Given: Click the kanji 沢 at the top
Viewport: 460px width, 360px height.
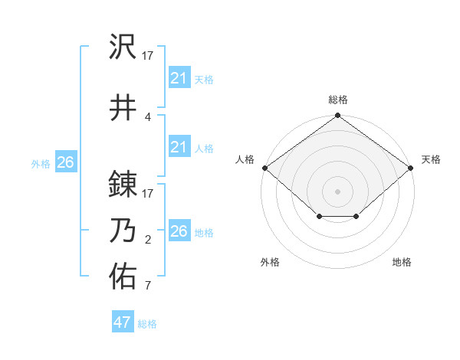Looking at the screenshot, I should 123,47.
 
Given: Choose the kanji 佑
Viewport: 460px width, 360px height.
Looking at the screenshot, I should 123,274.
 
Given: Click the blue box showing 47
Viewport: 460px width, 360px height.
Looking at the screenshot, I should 123,322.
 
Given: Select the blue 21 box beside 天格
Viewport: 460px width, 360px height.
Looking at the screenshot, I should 179,78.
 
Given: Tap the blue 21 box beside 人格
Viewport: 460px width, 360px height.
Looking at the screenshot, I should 179,147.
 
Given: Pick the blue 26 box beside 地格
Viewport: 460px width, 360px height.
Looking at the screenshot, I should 179,231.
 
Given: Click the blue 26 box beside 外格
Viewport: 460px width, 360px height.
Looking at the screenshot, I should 65,162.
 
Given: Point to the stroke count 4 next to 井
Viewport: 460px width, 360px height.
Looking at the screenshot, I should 148,116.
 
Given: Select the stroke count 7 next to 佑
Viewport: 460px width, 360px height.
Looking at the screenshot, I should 148,286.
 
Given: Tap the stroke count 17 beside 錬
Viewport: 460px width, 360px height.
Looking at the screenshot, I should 148,193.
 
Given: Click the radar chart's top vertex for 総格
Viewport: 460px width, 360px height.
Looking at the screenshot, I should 337,116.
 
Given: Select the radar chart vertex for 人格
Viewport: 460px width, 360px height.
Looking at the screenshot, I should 264,168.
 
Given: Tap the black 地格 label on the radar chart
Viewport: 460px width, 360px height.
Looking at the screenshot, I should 402,262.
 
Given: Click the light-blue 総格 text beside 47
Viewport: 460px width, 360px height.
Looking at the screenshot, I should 147,324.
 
